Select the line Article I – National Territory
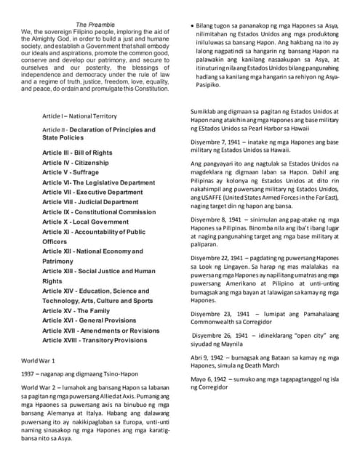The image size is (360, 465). (x=79, y=116)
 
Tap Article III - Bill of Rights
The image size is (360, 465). (x=77, y=153)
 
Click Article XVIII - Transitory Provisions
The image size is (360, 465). (x=94, y=340)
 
